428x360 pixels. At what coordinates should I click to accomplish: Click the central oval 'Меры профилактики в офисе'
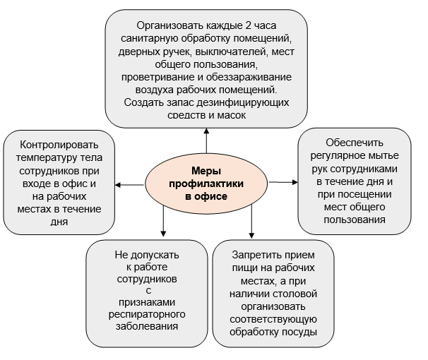pyautogui.click(x=206, y=184)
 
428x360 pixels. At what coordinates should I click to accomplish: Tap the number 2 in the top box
pyautogui.click(x=248, y=25)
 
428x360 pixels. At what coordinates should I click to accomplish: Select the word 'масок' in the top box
pyautogui.click(x=232, y=115)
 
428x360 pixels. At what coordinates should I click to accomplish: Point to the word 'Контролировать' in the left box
pyautogui.click(x=59, y=145)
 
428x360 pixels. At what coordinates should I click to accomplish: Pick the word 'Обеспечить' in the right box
pyautogui.click(x=355, y=143)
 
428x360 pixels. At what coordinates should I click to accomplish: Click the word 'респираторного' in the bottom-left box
pyautogui.click(x=147, y=314)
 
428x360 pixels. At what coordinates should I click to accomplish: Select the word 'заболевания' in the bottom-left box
pyautogui.click(x=147, y=326)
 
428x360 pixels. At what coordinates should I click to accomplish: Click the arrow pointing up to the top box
pyautogui.click(x=206, y=140)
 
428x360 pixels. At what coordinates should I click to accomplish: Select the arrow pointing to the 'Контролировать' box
pyautogui.click(x=129, y=185)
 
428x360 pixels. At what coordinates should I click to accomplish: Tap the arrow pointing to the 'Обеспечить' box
pyautogui.click(x=283, y=182)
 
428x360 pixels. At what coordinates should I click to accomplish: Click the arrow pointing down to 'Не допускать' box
pyautogui.click(x=163, y=221)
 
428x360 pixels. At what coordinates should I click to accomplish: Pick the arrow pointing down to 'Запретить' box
pyautogui.click(x=251, y=222)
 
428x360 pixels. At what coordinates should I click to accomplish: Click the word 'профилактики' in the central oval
pyautogui.click(x=206, y=184)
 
